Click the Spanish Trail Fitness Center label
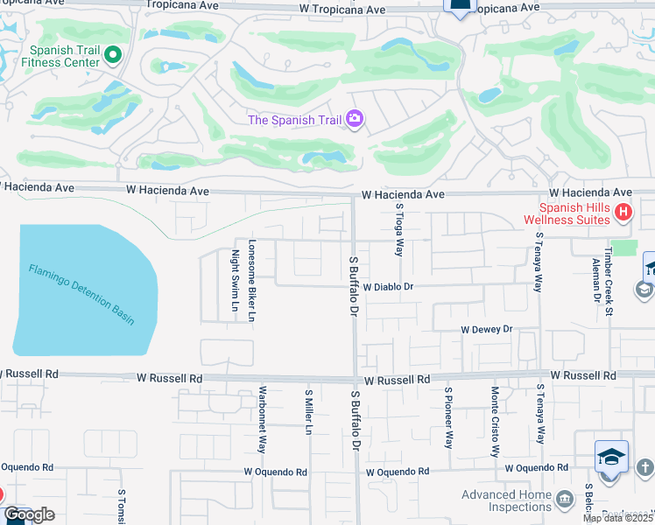[x=65, y=56]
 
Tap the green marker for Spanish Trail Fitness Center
[x=112, y=56]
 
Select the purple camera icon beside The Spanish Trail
[x=355, y=119]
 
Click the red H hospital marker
[x=623, y=211]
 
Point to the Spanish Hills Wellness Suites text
[x=567, y=213]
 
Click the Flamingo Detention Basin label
[x=81, y=295]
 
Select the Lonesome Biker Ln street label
[x=251, y=279]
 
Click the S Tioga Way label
[x=399, y=229]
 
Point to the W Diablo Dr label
[x=388, y=286]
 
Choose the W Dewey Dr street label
[x=486, y=329]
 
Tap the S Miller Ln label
[x=308, y=411]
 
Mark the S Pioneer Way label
[x=448, y=417]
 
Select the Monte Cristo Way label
[x=496, y=421]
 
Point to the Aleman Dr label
[x=595, y=280]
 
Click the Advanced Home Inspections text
[x=507, y=500]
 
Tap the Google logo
[x=29, y=514]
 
